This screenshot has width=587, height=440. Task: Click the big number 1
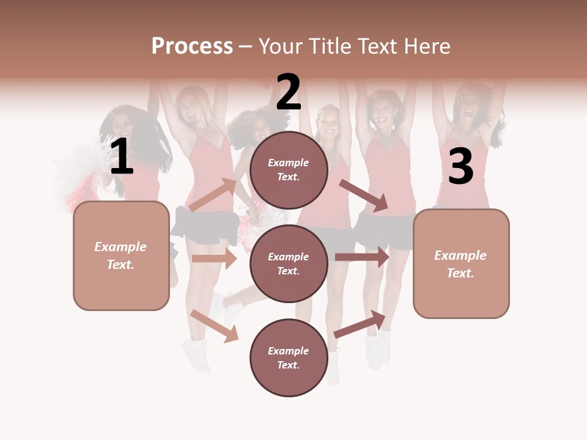click(x=122, y=156)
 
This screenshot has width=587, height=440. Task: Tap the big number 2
click(x=288, y=92)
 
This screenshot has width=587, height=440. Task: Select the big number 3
click(x=460, y=167)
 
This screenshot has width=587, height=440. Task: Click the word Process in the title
click(x=192, y=46)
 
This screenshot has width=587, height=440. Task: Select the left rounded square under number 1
click(x=121, y=255)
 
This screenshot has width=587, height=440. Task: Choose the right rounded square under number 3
click(x=461, y=264)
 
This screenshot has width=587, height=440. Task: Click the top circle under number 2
click(x=289, y=170)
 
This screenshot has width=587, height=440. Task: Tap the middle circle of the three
click(x=289, y=264)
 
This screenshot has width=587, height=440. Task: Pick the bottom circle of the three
click(x=289, y=358)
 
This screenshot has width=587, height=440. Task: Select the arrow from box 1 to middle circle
click(x=214, y=258)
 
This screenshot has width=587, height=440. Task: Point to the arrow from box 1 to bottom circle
click(x=215, y=326)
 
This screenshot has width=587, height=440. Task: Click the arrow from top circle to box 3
click(x=364, y=196)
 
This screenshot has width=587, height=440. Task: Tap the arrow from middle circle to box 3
click(x=362, y=257)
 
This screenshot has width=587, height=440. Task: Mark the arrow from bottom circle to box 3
click(x=360, y=324)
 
